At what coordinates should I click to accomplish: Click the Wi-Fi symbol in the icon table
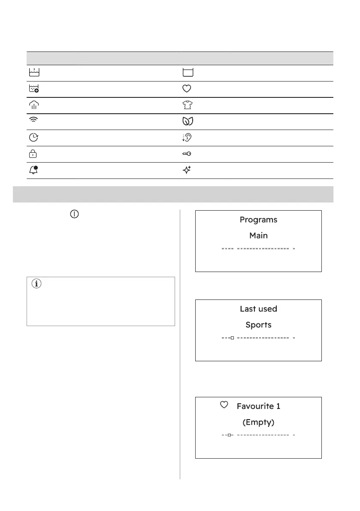click(33, 122)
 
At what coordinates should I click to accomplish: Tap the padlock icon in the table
click(33, 154)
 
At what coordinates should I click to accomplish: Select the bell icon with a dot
click(33, 170)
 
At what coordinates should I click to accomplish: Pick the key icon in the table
click(187, 154)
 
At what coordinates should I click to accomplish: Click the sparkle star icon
click(187, 170)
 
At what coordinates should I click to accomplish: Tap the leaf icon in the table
click(187, 122)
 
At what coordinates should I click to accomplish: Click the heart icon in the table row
click(187, 89)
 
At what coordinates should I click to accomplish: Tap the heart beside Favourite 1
click(223, 405)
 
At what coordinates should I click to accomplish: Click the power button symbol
click(74, 214)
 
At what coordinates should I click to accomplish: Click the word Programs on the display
click(258, 220)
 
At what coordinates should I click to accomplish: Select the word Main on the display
click(258, 235)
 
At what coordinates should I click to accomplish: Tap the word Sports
click(258, 324)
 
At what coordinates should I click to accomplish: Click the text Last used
click(258, 309)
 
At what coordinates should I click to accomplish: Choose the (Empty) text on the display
click(258, 422)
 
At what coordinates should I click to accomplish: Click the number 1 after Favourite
click(290, 405)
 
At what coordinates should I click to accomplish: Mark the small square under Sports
click(232, 338)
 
